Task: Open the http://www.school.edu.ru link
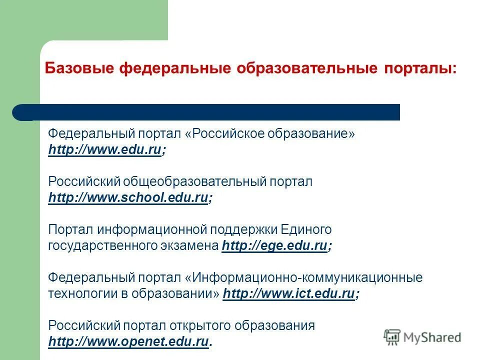pyautogui.click(x=127, y=198)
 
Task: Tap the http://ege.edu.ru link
pyautogui.click(x=274, y=245)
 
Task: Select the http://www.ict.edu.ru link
pyautogui.click(x=288, y=293)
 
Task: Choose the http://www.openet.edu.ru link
pyautogui.click(x=127, y=341)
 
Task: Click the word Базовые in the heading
pyautogui.click(x=79, y=68)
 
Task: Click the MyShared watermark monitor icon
pyautogui.click(x=392, y=337)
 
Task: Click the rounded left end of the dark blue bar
pyautogui.click(x=20, y=112)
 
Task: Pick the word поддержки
pyautogui.click(x=243, y=229)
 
